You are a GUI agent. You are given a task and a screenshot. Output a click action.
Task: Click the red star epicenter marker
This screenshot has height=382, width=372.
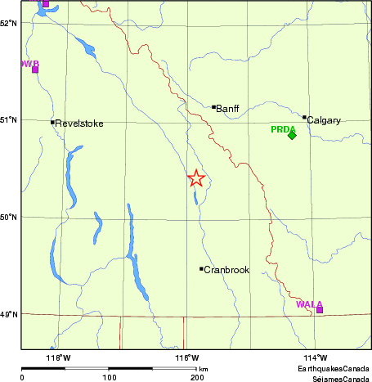[196, 178]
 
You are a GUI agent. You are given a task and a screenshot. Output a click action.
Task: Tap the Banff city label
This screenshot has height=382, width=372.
[227, 107]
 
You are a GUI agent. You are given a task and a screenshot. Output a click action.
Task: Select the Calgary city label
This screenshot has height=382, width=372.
[323, 120]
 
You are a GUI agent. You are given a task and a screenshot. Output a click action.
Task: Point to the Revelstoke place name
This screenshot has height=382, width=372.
[78, 124]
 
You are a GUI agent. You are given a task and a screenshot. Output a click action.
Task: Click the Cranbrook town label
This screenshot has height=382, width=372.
[226, 269]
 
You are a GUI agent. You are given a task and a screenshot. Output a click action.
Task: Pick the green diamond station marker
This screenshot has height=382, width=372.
[292, 136]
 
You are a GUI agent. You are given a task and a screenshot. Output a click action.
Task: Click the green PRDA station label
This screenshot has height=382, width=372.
[284, 128]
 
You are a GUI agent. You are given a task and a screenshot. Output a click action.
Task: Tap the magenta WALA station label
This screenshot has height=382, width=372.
[309, 303]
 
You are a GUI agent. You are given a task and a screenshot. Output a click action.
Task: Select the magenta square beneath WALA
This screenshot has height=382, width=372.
[319, 310]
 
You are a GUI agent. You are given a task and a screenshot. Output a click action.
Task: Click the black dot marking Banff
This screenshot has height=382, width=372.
[214, 106]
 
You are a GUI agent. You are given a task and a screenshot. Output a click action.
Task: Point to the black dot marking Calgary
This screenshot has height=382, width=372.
[304, 117]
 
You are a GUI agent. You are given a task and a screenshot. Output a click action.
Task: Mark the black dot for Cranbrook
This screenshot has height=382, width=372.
[201, 268]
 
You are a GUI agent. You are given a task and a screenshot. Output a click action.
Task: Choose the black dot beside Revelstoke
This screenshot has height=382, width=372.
[52, 123]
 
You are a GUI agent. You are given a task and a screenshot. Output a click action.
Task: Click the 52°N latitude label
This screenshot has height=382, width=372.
[10, 23]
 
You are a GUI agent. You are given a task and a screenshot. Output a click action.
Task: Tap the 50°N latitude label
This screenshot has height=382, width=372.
[10, 218]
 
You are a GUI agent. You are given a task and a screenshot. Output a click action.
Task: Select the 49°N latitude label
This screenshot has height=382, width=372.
[10, 315]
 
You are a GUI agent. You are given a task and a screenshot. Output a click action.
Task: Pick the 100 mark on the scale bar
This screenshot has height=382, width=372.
[109, 378]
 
